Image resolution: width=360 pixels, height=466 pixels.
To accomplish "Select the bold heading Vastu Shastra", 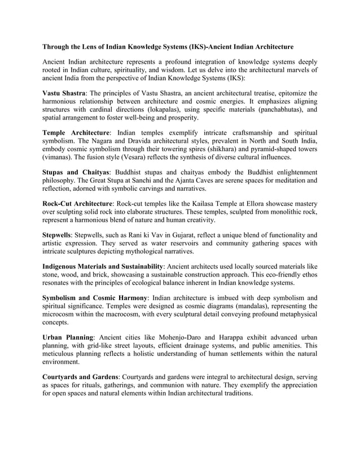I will [x=64, y=93].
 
